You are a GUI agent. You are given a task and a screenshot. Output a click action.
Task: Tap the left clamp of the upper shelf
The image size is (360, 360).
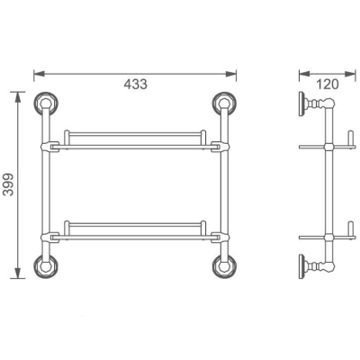tap(51, 144)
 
